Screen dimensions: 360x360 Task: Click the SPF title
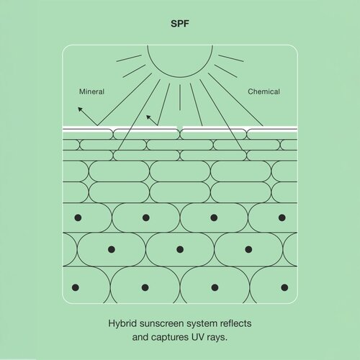(180, 24)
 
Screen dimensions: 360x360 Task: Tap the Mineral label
(91, 91)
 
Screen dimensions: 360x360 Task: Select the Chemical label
(264, 91)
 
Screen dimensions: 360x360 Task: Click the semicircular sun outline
(180, 77)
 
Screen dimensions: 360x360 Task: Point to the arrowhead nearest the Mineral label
(80, 109)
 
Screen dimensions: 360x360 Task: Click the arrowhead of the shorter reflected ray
(148, 117)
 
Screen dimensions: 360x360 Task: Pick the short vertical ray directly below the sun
(180, 97)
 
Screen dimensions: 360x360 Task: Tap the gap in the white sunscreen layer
(180, 127)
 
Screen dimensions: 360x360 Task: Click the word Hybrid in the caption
(122, 324)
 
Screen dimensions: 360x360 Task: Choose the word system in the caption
(202, 324)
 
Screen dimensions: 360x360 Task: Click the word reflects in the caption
(236, 323)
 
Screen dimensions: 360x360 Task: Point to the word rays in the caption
(215, 338)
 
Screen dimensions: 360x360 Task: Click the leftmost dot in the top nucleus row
(78, 217)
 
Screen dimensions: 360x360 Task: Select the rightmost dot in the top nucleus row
(282, 217)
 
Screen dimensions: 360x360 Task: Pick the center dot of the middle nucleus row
(180, 249)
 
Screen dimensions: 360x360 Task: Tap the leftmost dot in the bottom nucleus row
(76, 287)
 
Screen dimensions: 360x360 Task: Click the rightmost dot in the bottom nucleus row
(284, 287)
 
